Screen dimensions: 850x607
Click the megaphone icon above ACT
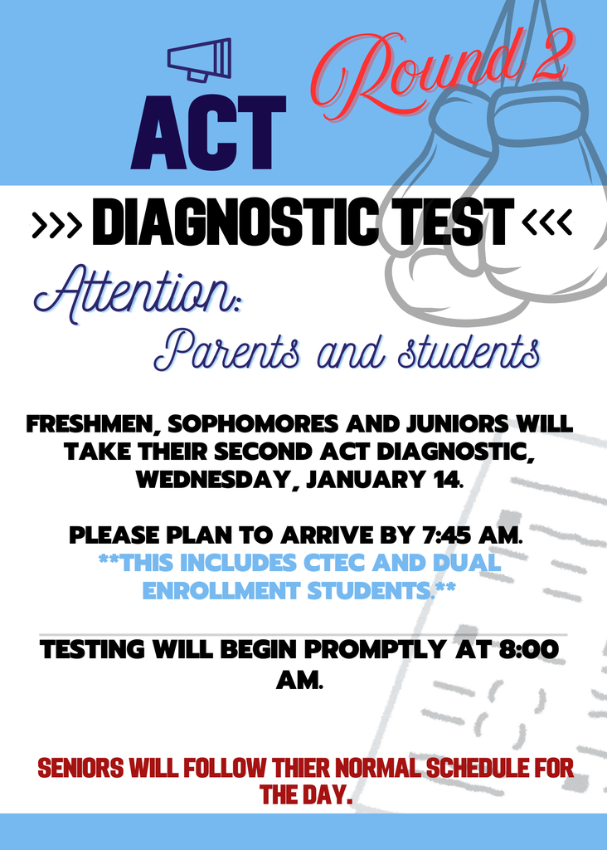(199, 60)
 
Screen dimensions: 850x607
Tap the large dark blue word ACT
(208, 132)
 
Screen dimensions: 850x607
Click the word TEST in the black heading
(449, 222)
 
